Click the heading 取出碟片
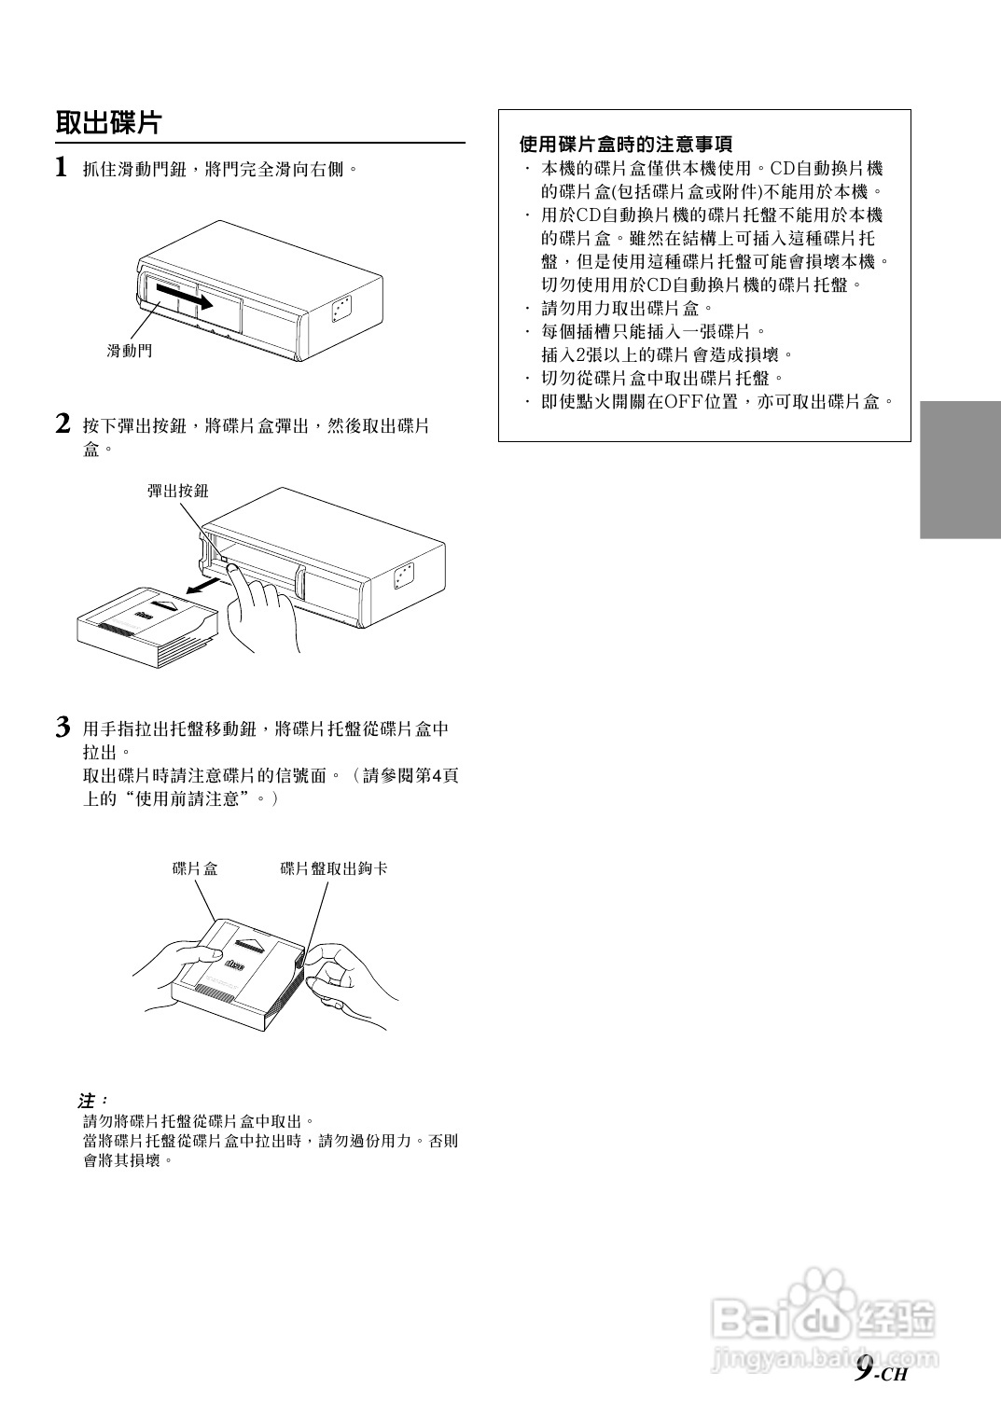[x=109, y=122]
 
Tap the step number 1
[x=62, y=168]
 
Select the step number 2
[x=63, y=424]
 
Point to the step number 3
[x=63, y=728]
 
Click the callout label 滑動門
[x=129, y=351]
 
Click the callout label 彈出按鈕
[x=177, y=491]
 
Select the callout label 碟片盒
[x=195, y=868]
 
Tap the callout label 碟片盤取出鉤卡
[x=333, y=868]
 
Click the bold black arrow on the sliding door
[x=190, y=298]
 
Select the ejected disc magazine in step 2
[x=149, y=629]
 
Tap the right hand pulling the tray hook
[x=347, y=983]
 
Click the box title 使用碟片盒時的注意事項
[x=625, y=145]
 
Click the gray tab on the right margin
[x=960, y=469]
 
